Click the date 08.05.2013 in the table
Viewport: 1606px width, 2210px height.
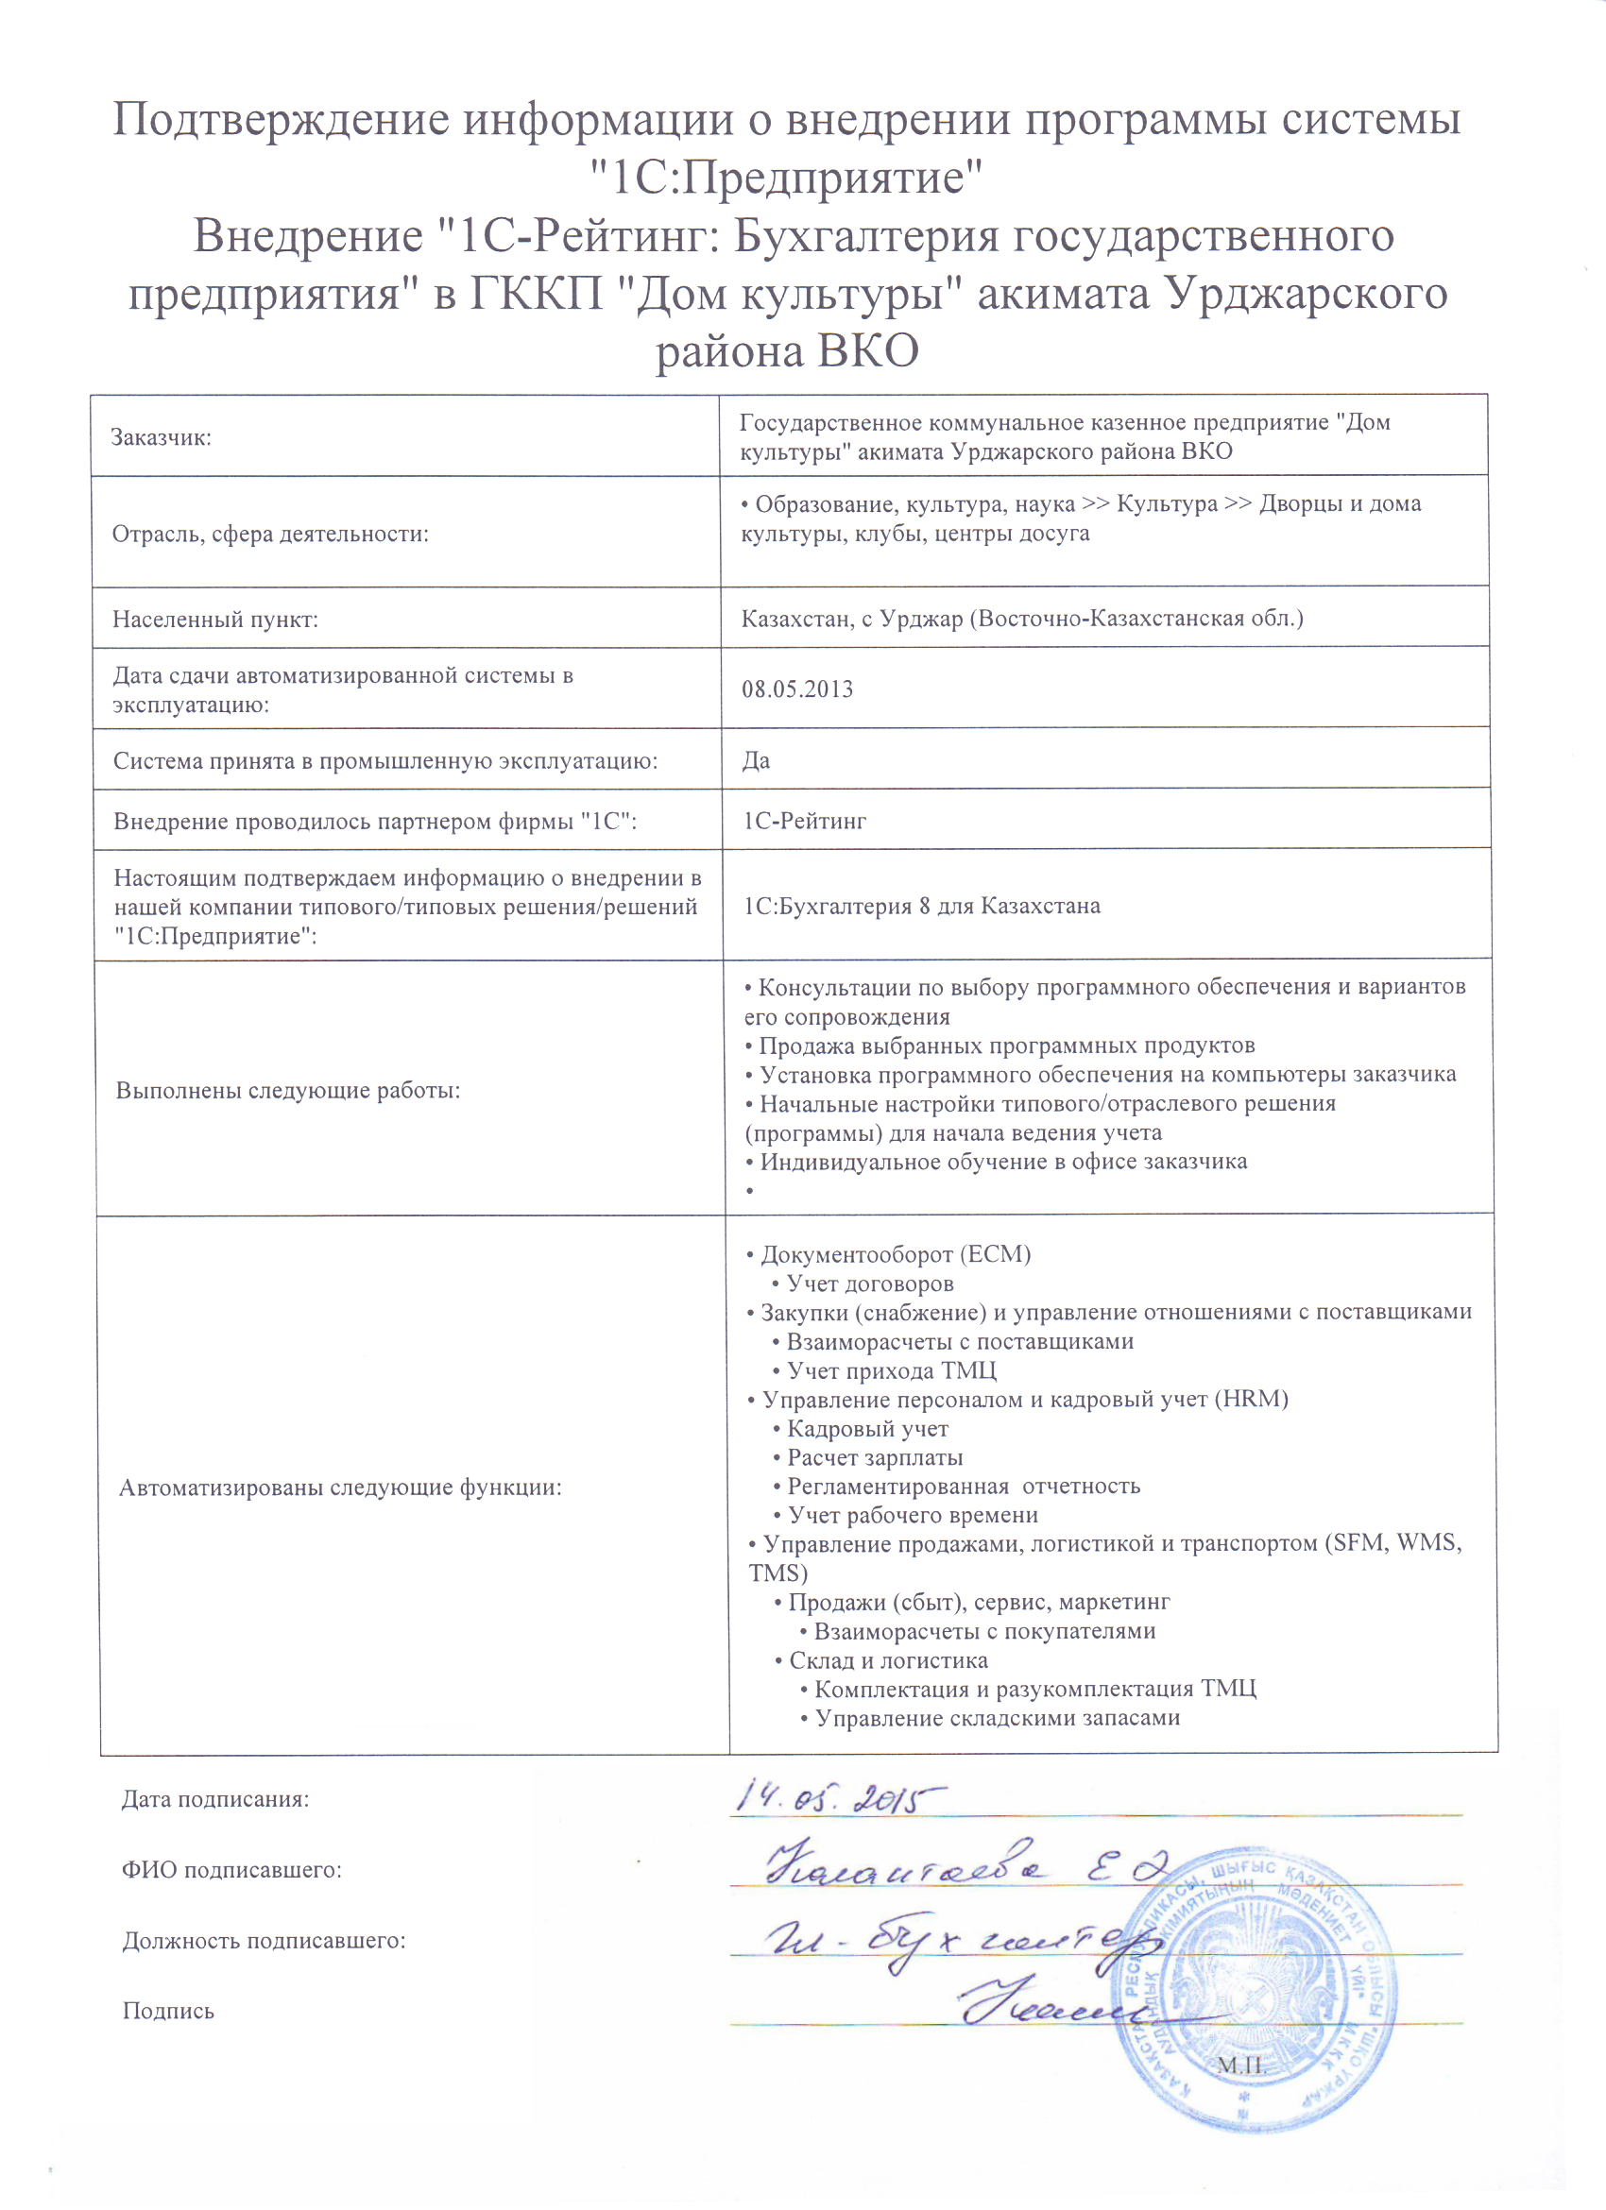point(797,689)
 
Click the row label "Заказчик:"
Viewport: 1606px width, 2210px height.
point(161,437)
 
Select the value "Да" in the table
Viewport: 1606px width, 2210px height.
point(756,761)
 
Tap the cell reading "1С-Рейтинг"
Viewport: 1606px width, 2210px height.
point(805,822)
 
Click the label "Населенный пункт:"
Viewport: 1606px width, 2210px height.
point(215,620)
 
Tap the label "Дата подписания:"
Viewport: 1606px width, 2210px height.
point(215,1800)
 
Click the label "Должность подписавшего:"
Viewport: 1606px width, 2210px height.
point(265,1940)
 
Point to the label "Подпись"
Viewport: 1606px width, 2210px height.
point(168,2010)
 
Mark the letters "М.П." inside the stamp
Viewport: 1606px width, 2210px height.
point(1239,2065)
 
